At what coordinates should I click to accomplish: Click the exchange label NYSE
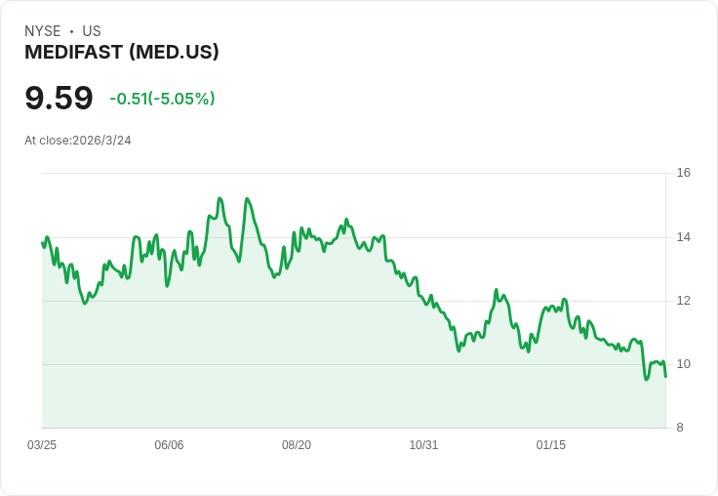point(43,31)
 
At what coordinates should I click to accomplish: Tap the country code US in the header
point(92,31)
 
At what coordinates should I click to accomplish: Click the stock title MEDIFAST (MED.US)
point(122,52)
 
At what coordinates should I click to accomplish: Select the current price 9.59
point(59,98)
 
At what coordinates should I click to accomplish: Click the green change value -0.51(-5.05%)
point(162,99)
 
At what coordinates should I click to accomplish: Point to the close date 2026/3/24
point(101,141)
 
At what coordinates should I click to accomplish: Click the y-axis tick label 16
point(683,173)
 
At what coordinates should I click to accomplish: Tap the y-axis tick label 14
point(683,237)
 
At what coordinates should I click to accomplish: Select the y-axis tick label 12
point(683,301)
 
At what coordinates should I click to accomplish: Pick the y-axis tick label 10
point(683,364)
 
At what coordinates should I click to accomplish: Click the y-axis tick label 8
point(681,428)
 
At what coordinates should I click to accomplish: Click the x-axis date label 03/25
point(42,445)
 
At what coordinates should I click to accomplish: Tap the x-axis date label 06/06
point(169,445)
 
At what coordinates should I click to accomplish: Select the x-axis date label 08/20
point(297,445)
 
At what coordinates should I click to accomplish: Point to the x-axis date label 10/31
point(423,445)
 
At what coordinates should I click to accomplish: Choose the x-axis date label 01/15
point(551,445)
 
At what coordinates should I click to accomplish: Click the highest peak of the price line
point(219,198)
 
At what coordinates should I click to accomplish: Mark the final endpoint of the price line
point(665,376)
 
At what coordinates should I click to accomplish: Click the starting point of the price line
point(42,243)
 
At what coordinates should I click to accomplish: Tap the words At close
point(47,141)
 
